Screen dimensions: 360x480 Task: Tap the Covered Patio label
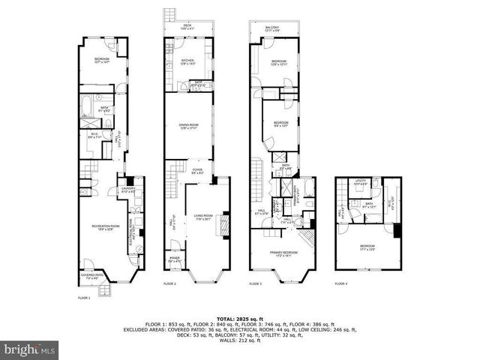pyautogui.click(x=91, y=277)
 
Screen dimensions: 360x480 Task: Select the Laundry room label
pyautogui.click(x=127, y=190)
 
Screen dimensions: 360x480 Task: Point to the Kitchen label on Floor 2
pyautogui.click(x=188, y=62)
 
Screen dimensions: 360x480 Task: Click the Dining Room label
pyautogui.click(x=188, y=125)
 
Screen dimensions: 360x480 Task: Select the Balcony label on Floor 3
pyautogui.click(x=273, y=28)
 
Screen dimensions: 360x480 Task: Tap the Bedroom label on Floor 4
pyautogui.click(x=367, y=247)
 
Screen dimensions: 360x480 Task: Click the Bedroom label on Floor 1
pyautogui.click(x=102, y=60)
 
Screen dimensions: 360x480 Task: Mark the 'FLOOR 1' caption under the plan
pyautogui.click(x=84, y=298)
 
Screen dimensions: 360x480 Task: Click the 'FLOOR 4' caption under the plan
pyautogui.click(x=341, y=284)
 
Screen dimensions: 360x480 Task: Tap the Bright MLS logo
pyautogui.click(x=30, y=349)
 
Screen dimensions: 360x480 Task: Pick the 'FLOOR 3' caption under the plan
pyautogui.click(x=256, y=284)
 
